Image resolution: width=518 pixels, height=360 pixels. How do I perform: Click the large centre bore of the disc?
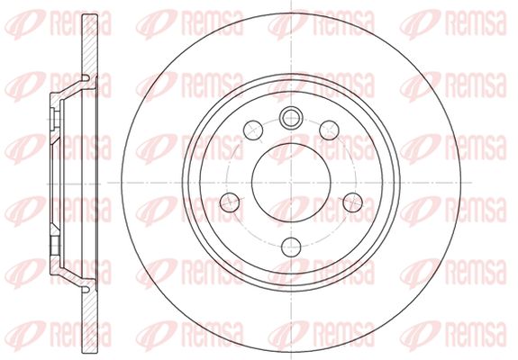point(291,183)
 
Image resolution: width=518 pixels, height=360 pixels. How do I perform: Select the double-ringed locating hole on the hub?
point(291,117)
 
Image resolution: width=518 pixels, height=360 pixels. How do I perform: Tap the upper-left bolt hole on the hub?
point(253,130)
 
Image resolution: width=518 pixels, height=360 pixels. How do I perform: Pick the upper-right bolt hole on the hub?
point(329,130)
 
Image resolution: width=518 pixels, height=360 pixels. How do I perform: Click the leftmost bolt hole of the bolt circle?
point(230,202)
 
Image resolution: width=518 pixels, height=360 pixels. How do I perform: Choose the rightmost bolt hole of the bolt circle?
point(353,202)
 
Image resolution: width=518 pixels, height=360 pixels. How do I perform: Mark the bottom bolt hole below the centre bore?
point(291,247)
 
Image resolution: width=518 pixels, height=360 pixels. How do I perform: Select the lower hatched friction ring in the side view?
point(90,319)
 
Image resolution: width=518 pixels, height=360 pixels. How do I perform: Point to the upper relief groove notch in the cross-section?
point(86,78)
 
